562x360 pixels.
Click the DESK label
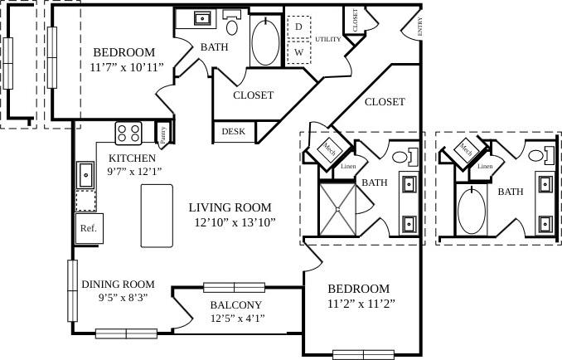pyautogui.click(x=234, y=131)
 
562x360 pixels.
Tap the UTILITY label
pyautogui.click(x=328, y=39)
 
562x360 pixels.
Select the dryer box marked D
pyautogui.click(x=298, y=27)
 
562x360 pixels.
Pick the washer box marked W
pyautogui.click(x=298, y=51)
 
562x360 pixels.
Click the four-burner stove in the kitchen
pyautogui.click(x=128, y=133)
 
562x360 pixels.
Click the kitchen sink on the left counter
pyautogui.click(x=86, y=174)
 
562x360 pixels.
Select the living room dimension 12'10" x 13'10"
pyautogui.click(x=235, y=222)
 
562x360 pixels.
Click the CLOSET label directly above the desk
pyautogui.click(x=253, y=95)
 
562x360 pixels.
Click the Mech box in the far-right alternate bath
pyautogui.click(x=466, y=149)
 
